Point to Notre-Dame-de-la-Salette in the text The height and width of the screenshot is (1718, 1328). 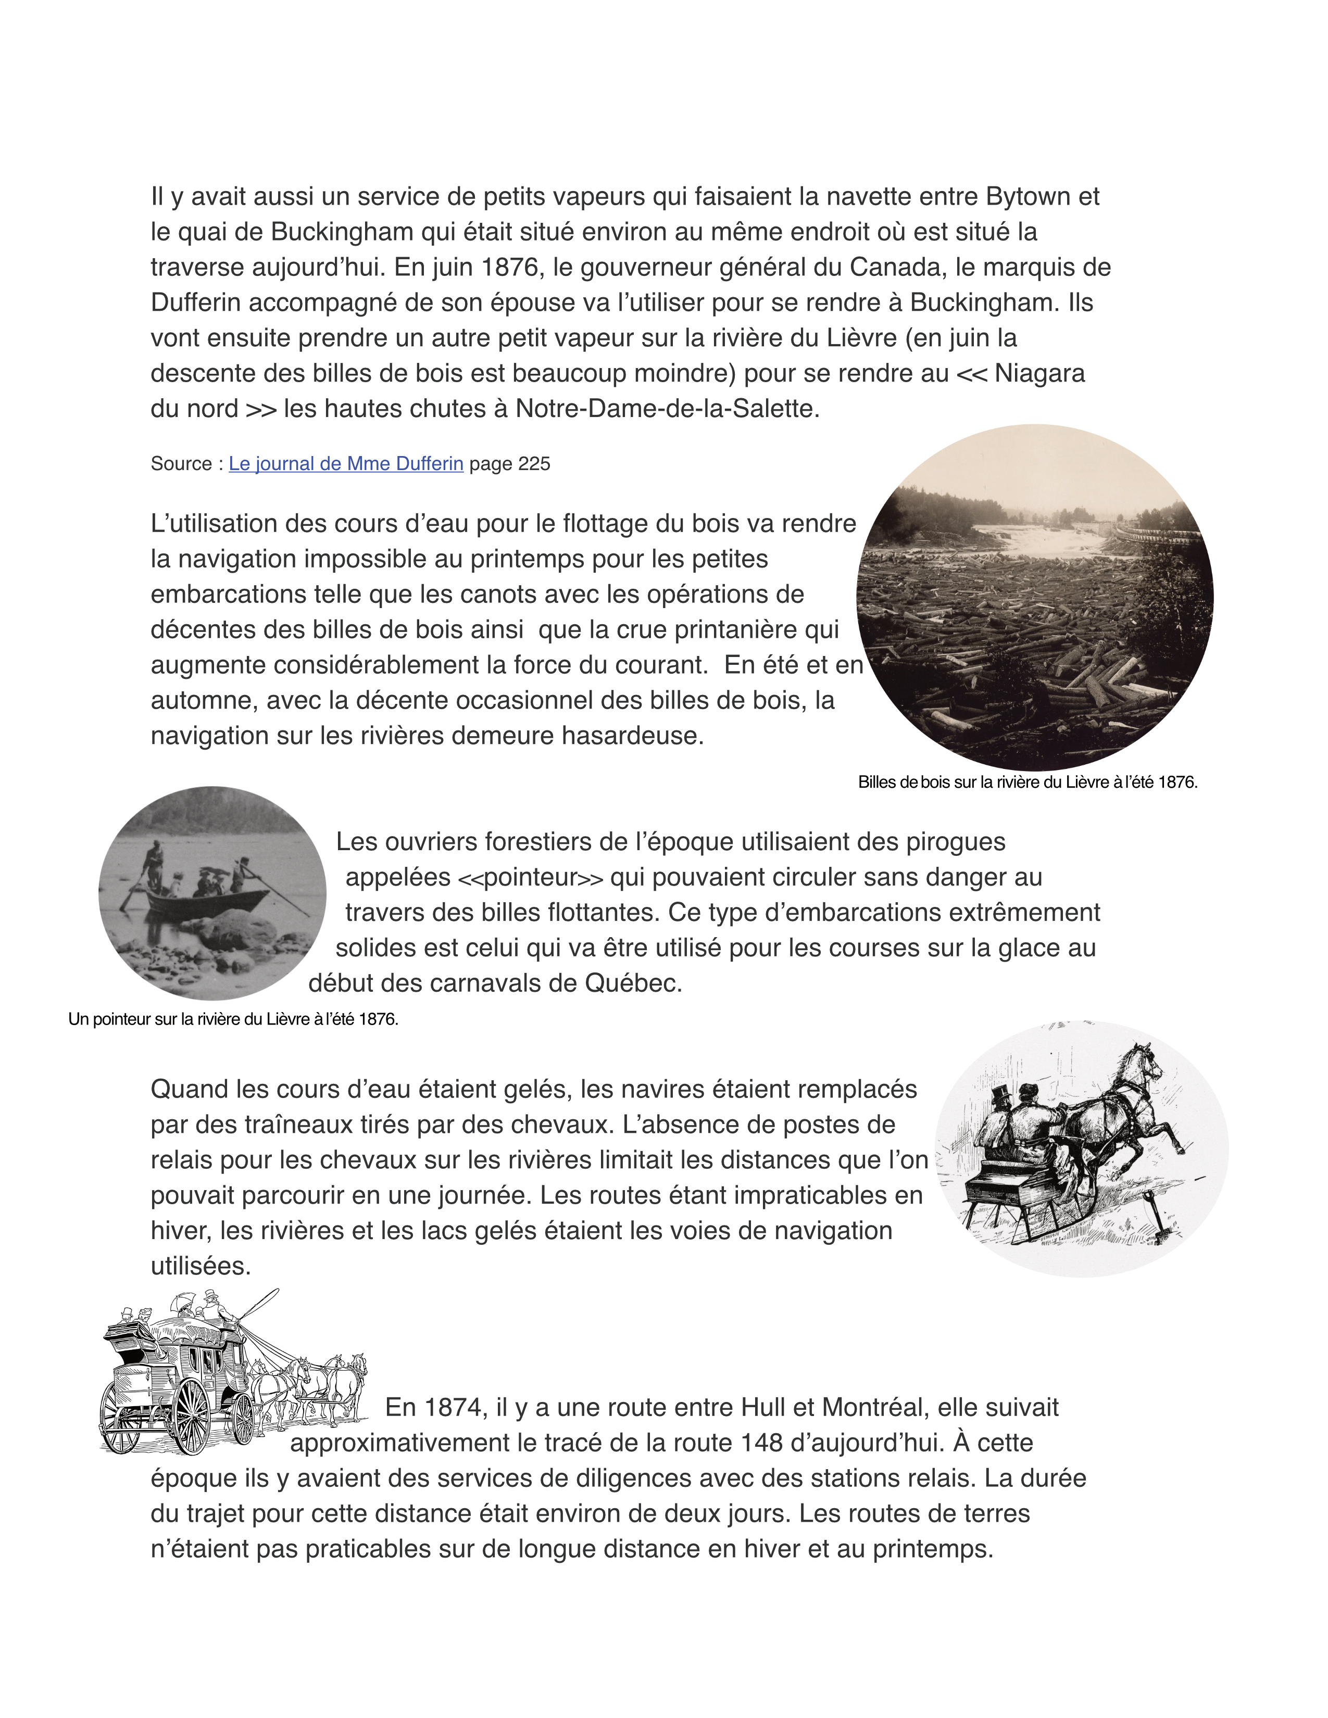click(667, 409)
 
